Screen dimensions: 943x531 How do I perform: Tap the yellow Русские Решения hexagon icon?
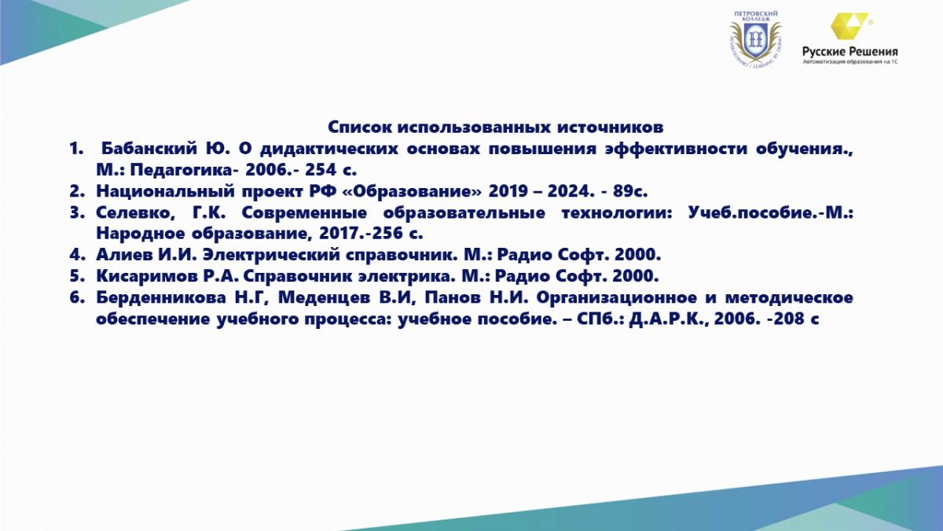849,26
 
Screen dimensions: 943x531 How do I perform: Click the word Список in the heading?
359,127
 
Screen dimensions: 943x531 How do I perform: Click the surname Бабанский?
149,149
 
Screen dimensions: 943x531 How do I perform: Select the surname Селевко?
135,213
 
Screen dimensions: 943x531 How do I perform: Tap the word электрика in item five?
406,276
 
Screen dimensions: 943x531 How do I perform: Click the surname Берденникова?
161,297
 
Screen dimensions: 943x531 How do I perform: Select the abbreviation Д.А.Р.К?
667,319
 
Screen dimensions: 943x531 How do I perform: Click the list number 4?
77,255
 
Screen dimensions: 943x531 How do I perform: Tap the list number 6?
77,297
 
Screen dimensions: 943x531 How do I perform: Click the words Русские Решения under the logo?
850,52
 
